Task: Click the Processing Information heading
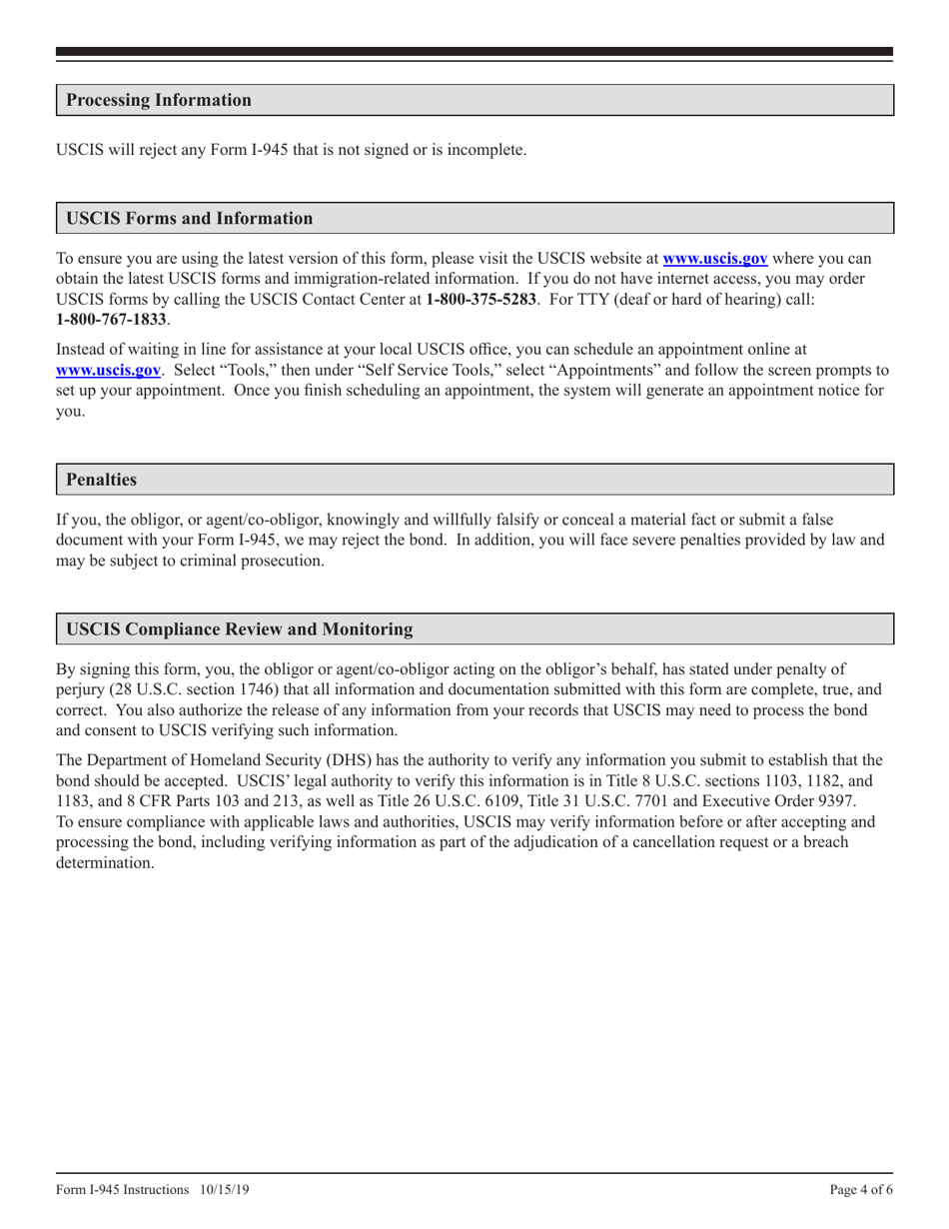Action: coord(158,100)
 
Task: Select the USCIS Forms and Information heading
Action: coord(189,218)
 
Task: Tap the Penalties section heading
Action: coord(101,480)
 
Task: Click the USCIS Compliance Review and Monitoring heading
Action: coord(239,629)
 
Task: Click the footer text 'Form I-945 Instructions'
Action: coord(122,1190)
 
